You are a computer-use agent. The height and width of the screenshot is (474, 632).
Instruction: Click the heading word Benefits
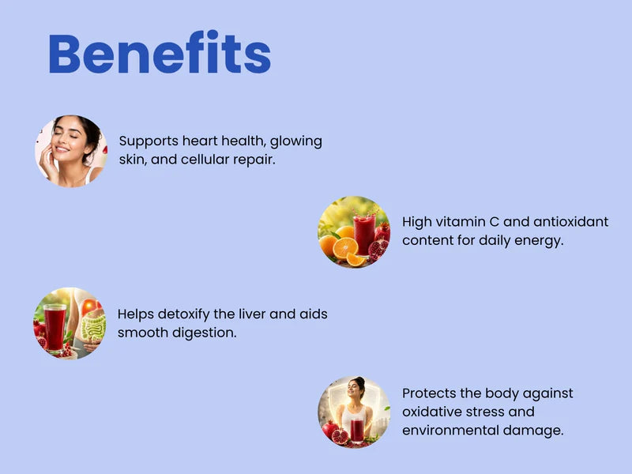click(160, 52)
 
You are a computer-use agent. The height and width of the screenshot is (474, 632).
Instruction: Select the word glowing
click(295, 142)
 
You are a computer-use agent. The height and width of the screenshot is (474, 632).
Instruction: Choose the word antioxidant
click(570, 222)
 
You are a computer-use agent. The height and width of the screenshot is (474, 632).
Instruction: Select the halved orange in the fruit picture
click(345, 248)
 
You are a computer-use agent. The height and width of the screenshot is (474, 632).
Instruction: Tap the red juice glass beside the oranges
click(364, 235)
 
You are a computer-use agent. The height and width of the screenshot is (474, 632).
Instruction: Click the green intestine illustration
click(93, 325)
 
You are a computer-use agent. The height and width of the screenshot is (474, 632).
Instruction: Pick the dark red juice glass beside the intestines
click(55, 328)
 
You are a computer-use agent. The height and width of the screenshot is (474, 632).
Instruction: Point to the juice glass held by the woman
click(357, 431)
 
